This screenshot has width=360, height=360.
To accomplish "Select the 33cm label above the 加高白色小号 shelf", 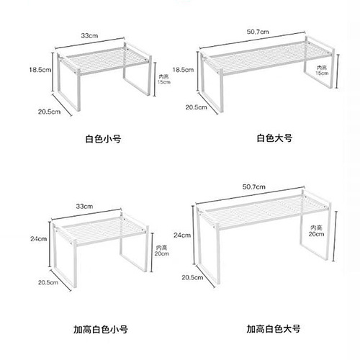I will click(x=84, y=207).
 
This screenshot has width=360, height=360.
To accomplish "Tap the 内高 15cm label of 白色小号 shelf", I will click(x=163, y=78).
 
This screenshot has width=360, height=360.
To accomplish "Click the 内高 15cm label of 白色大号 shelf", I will click(x=324, y=70).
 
